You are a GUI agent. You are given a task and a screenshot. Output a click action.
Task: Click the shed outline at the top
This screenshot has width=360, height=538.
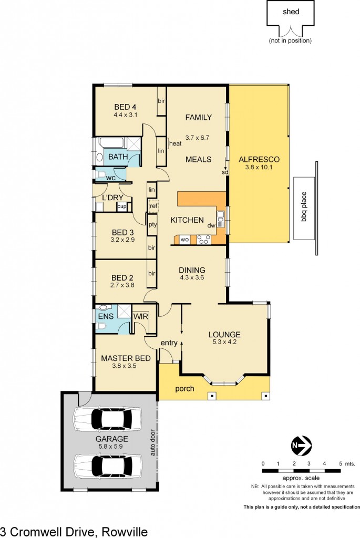(290, 14)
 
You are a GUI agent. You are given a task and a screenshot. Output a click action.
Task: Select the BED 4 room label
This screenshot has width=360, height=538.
(125, 107)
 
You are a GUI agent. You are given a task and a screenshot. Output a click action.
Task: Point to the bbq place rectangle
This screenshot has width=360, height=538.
(303, 208)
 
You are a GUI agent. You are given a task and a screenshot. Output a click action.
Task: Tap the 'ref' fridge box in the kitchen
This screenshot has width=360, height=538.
(153, 206)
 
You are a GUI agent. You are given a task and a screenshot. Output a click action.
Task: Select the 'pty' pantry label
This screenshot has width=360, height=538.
(153, 224)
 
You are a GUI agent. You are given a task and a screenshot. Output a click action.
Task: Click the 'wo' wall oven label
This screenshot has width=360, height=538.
(184, 240)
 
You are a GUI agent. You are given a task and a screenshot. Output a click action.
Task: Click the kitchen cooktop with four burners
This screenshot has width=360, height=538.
(203, 240)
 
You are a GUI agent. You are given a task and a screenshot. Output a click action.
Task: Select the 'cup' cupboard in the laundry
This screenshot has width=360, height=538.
(121, 206)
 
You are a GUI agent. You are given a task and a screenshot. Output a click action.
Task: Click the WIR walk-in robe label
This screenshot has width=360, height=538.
(140, 317)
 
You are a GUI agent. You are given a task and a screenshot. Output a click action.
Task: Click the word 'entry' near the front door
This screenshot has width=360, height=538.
(169, 344)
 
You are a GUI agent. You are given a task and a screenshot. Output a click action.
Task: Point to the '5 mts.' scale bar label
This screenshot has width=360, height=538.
(347, 463)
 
